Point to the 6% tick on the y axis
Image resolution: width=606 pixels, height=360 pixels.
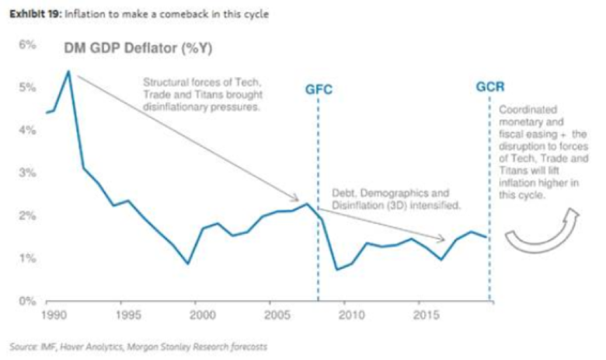[27, 45]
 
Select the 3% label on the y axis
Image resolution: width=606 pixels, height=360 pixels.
[27, 173]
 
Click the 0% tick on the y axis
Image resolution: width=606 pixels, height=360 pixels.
[27, 300]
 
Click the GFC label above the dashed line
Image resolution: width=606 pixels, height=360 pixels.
[319, 89]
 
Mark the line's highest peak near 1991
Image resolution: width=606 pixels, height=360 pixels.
[69, 72]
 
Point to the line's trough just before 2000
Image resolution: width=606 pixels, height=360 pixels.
[187, 264]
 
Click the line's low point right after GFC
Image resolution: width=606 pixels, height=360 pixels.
[336, 270]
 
